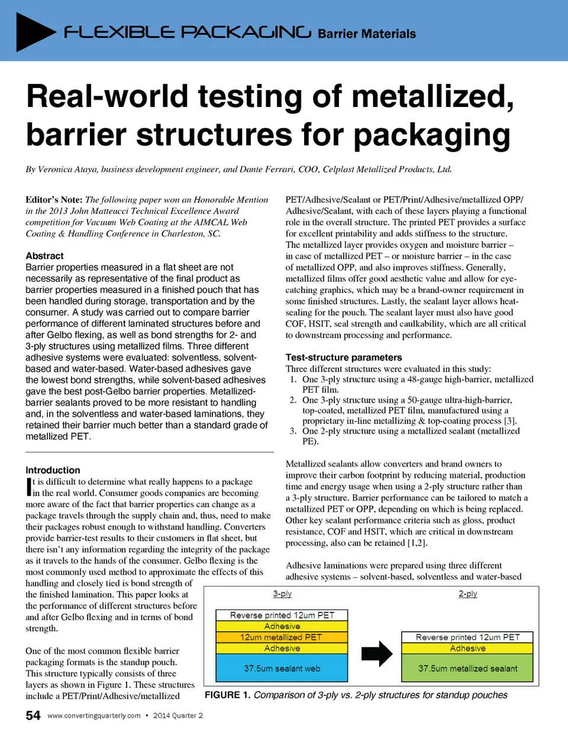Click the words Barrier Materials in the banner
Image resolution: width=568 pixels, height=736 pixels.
(367, 34)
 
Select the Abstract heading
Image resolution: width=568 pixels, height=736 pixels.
(44, 256)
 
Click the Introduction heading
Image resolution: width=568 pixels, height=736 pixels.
(53, 470)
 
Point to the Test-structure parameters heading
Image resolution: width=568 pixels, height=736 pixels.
(343, 358)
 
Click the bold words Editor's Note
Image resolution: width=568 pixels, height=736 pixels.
(54, 200)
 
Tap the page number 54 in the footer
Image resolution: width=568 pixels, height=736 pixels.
(33, 715)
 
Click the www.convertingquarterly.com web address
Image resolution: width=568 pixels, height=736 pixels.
(94, 715)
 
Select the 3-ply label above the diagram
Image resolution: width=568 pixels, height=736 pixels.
(282, 594)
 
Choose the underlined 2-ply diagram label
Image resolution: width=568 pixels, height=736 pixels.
(467, 594)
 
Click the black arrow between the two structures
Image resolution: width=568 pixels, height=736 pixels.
(377, 653)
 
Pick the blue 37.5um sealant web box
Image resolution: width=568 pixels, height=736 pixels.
(282, 669)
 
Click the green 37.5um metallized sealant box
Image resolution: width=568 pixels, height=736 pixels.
(467, 669)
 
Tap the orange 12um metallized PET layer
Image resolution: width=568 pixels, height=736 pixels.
(282, 637)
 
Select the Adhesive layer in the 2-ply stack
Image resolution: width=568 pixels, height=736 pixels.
(467, 649)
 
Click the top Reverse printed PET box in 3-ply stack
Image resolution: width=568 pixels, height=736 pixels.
(282, 615)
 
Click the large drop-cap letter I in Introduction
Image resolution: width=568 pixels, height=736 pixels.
(28, 487)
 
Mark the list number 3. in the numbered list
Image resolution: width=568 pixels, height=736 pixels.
(293, 431)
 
